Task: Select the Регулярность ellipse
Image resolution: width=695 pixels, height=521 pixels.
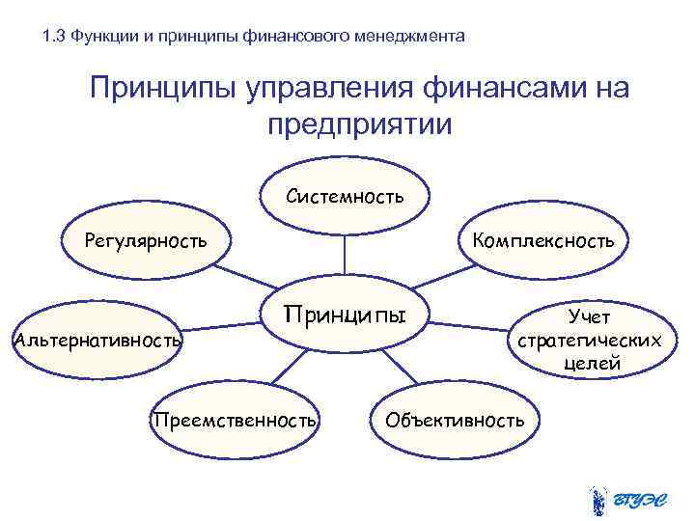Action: [x=144, y=239]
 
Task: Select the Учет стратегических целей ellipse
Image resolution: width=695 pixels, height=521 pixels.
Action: [x=589, y=339]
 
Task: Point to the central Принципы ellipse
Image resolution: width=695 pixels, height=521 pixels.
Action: [x=345, y=317]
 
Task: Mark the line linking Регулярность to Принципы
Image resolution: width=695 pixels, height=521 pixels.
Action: [x=247, y=276]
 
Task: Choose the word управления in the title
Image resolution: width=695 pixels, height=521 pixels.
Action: [x=315, y=90]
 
